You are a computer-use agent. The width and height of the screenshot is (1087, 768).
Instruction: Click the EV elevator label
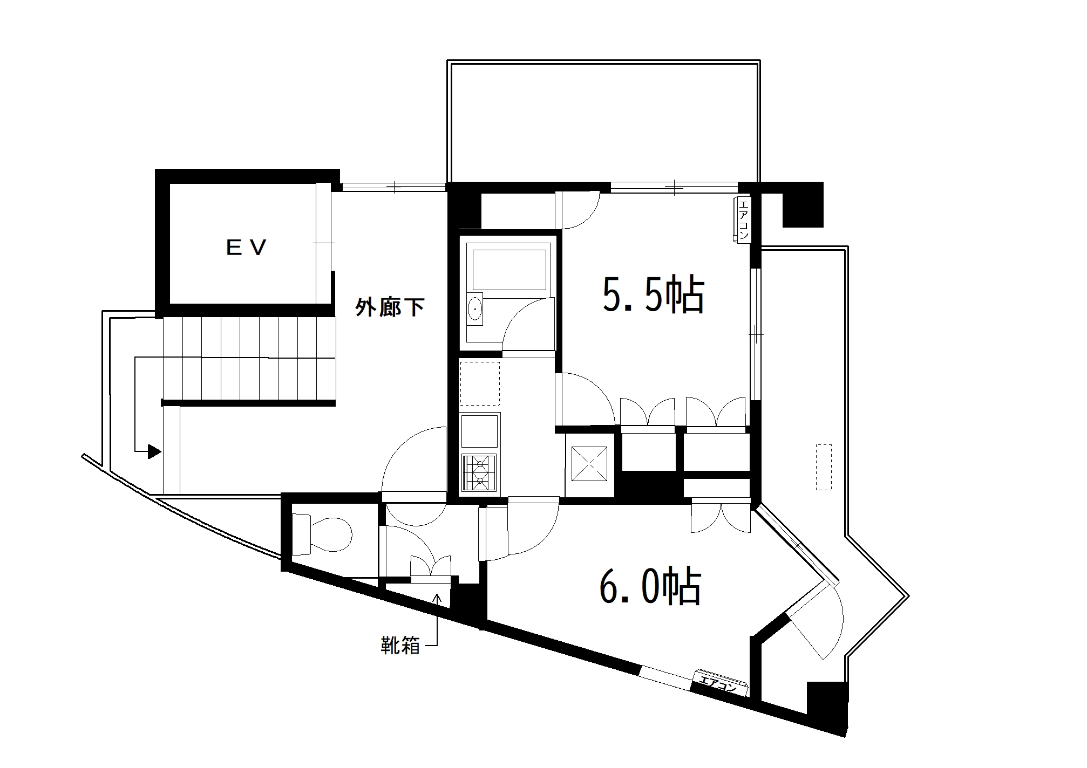point(246,248)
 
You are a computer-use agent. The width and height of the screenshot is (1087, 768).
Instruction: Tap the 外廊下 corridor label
point(390,307)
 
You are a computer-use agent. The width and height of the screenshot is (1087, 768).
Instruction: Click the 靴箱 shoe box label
point(400,645)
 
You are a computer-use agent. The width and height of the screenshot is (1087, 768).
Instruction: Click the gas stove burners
point(479,472)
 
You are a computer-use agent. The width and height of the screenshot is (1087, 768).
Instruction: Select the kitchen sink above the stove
point(479,431)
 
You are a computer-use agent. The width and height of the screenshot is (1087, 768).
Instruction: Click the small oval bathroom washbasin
point(475,310)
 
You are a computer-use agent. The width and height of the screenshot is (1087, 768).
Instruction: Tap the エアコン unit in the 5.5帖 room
point(742,220)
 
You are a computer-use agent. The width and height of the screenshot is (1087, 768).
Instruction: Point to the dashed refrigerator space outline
point(480,383)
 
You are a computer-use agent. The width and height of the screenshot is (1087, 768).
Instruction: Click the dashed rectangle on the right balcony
point(824,467)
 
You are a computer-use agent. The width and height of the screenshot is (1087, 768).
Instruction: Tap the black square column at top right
point(803,204)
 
